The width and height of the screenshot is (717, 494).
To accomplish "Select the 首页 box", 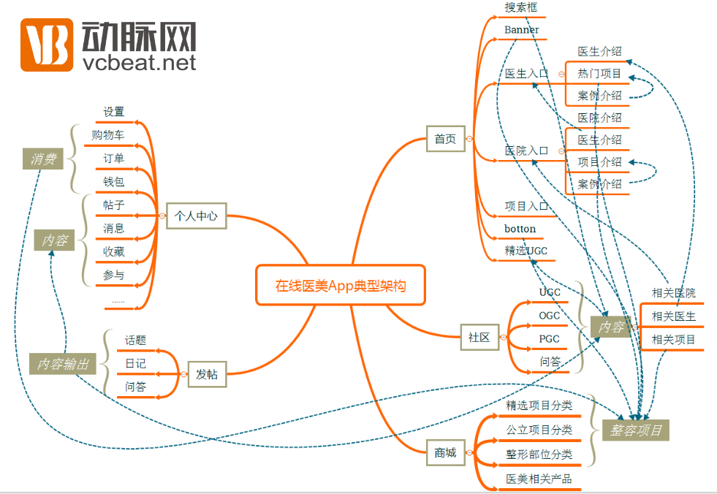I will [x=445, y=139].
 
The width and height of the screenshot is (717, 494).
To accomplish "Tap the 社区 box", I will [x=479, y=337].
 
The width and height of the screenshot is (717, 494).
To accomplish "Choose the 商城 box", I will [x=445, y=453].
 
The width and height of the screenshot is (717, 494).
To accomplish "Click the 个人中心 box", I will [x=196, y=216].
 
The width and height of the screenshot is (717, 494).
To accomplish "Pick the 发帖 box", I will [x=207, y=374].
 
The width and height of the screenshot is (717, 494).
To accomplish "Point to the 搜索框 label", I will [x=521, y=7].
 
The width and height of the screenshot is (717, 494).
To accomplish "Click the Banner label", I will [x=522, y=30].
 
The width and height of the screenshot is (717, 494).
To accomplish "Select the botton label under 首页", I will [x=520, y=229].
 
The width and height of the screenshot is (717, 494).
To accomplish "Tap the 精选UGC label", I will [x=526, y=251].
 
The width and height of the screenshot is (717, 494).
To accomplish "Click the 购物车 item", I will [x=107, y=135].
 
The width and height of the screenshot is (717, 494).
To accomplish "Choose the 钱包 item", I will [x=113, y=181].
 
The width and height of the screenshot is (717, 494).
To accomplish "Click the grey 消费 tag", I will [x=43, y=159].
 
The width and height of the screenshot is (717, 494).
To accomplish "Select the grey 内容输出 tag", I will [x=63, y=363].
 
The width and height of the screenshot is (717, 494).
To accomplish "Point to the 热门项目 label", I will [x=599, y=74].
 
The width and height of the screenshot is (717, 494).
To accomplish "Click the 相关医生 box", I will [x=673, y=316].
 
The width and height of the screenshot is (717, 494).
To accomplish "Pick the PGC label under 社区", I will [x=549, y=338].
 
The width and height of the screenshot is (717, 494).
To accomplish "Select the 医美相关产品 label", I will [x=539, y=479].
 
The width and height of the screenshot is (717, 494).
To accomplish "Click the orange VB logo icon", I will [x=46, y=45].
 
